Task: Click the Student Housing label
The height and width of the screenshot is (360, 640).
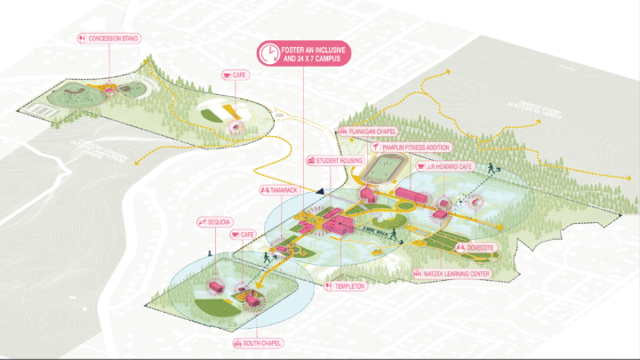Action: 337,161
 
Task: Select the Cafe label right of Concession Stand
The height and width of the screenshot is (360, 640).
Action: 236,75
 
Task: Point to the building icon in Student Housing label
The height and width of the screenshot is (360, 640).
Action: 311,161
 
